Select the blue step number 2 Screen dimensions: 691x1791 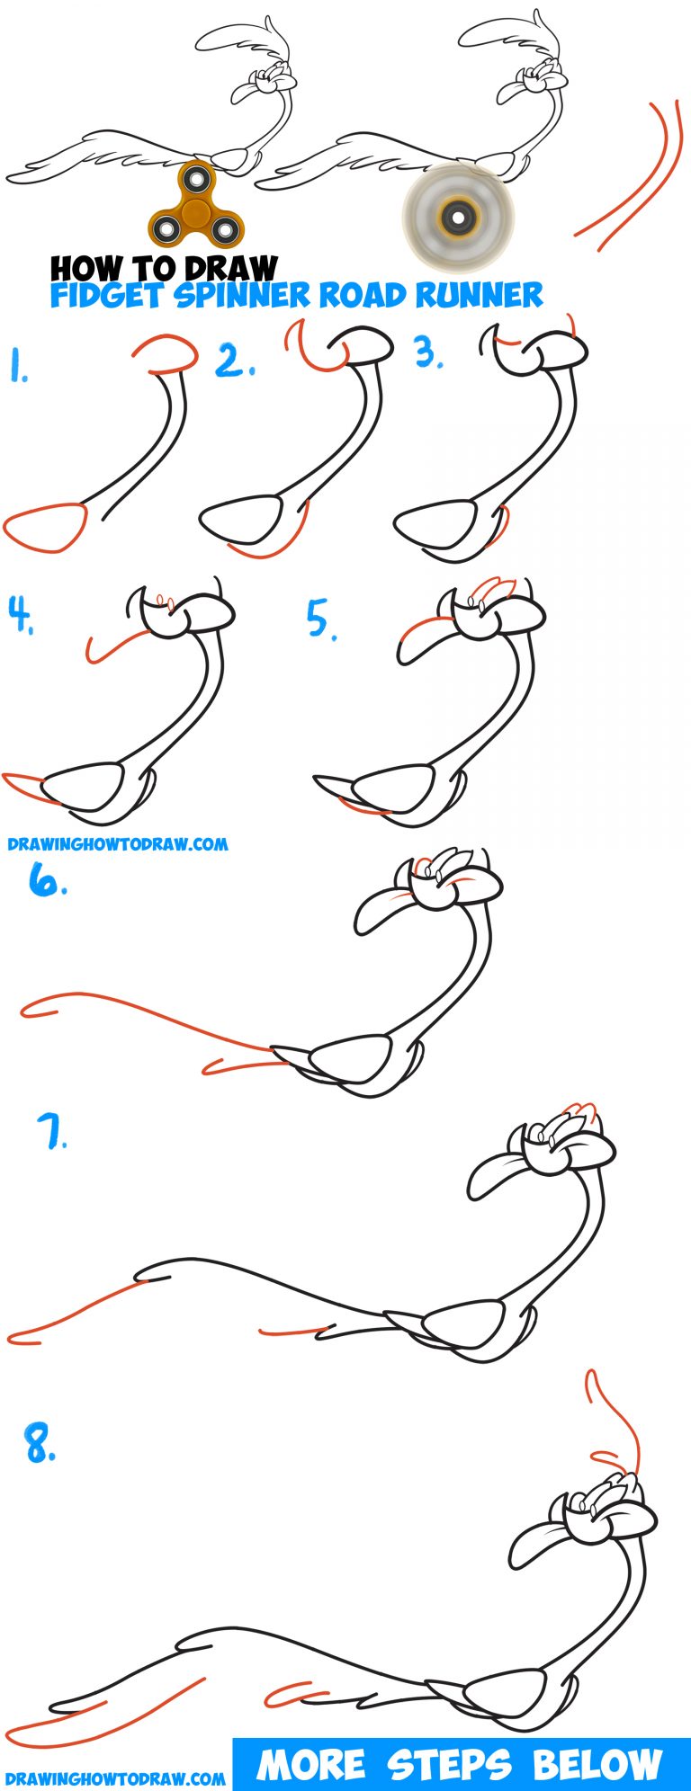[235, 361]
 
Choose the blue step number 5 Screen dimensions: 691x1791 [321, 619]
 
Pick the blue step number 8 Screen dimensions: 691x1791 [40, 1446]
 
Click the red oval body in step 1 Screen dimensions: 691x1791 [45, 528]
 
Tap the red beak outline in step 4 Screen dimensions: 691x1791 [114, 644]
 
